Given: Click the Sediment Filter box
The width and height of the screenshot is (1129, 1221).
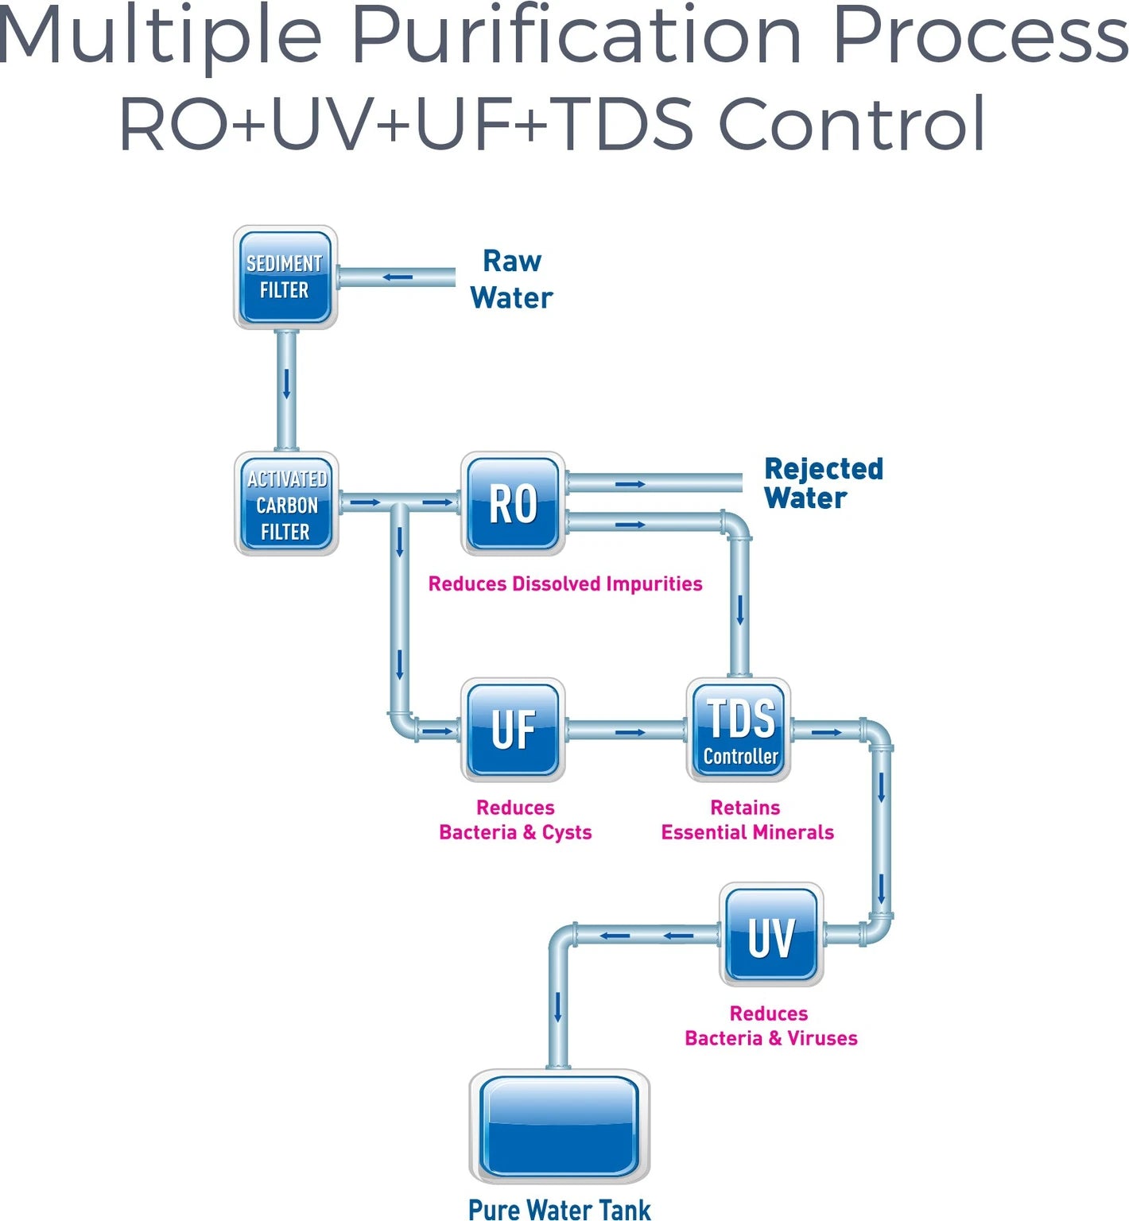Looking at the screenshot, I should click(x=285, y=277).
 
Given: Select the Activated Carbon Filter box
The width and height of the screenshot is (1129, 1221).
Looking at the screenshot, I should click(x=286, y=504).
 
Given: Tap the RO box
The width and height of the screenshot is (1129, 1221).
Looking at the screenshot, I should click(x=513, y=504).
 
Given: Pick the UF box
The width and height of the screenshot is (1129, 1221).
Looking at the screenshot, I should click(x=513, y=730).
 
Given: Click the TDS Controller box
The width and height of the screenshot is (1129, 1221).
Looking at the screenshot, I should click(x=739, y=730).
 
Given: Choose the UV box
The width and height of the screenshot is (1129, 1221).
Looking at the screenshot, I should click(x=771, y=935).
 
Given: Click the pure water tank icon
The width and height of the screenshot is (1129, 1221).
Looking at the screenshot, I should click(x=559, y=1126).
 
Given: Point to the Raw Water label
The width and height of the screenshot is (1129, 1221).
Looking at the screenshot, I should click(x=511, y=280).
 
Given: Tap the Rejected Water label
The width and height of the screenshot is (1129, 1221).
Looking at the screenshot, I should click(x=823, y=483).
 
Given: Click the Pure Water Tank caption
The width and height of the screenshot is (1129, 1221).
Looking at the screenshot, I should click(x=559, y=1208).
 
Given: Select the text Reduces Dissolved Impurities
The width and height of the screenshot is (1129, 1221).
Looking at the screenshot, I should click(x=564, y=584).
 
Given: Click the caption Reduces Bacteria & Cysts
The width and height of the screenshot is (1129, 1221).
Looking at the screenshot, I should click(x=515, y=820).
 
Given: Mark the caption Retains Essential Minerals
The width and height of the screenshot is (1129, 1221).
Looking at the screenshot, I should click(x=747, y=820).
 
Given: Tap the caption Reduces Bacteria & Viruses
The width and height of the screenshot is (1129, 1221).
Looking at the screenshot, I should click(x=770, y=1026).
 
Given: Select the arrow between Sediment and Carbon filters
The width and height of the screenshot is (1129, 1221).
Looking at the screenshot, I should click(x=286, y=385).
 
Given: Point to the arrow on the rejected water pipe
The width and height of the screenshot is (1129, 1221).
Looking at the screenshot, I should click(x=630, y=484).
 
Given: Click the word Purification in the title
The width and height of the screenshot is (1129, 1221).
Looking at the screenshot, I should click(x=576, y=36).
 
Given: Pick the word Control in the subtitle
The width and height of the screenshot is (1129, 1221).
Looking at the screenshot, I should click(x=852, y=124).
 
